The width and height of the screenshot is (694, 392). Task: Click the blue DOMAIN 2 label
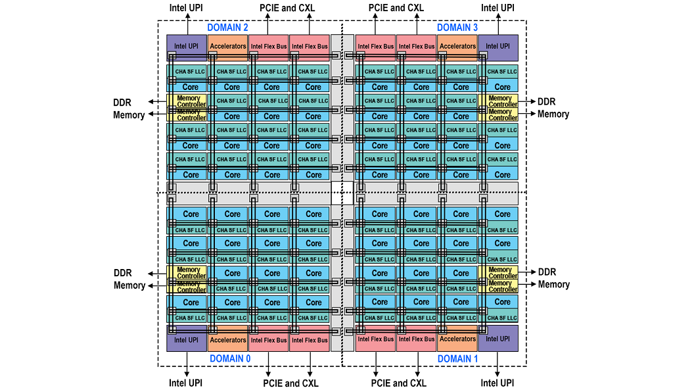[x=227, y=28]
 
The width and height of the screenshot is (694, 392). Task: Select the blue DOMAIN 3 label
[x=457, y=28]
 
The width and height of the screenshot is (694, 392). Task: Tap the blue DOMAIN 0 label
[x=230, y=358]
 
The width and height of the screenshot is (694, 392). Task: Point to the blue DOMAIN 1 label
[x=457, y=358]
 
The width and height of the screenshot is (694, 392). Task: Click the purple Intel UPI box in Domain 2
[x=186, y=47]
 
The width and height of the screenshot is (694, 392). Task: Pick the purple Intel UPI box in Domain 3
[x=498, y=47]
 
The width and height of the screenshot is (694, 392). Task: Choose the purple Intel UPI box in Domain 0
[x=186, y=339]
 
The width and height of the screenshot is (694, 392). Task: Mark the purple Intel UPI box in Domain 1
[x=498, y=339]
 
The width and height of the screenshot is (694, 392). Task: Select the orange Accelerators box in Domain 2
[x=227, y=47]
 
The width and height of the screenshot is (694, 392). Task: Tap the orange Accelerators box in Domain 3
[x=457, y=47]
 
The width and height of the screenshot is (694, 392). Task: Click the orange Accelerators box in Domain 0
[x=227, y=339]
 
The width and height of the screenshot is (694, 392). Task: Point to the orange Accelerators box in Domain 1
[x=457, y=339]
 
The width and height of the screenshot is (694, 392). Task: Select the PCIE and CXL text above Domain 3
[x=396, y=8]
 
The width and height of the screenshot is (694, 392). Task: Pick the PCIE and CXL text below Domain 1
[x=398, y=383]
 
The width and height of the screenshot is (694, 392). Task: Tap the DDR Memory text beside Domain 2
[x=129, y=109]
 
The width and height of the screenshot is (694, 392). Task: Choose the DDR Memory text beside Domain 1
[x=553, y=278]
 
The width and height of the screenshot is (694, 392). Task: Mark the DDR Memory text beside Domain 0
[x=129, y=279]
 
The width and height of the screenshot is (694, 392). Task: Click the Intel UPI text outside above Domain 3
[x=497, y=8]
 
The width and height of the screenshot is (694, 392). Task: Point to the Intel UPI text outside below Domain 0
[x=186, y=383]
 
